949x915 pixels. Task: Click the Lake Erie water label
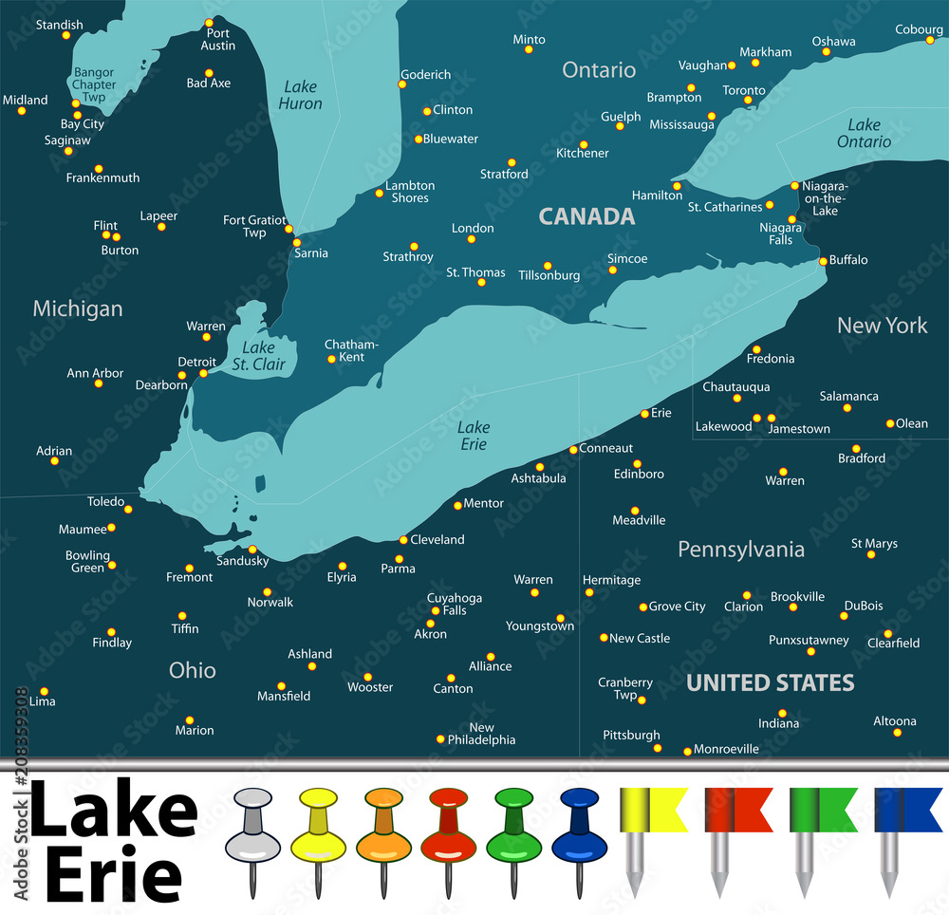[473, 436]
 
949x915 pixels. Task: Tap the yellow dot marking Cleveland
[403, 540]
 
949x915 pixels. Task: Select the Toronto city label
[744, 90]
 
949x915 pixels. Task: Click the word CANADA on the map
[586, 216]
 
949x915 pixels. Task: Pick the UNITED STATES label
[770, 682]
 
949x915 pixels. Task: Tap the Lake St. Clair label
[258, 355]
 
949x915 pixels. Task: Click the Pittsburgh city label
[631, 735]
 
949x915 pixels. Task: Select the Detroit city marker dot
[203, 373]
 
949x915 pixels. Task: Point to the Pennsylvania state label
[741, 549]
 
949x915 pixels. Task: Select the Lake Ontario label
[864, 133]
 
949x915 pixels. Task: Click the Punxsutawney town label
[809, 640]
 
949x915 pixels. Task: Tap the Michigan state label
[78, 308]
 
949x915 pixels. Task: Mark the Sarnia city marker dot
[297, 242]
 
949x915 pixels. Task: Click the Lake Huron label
[301, 95]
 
